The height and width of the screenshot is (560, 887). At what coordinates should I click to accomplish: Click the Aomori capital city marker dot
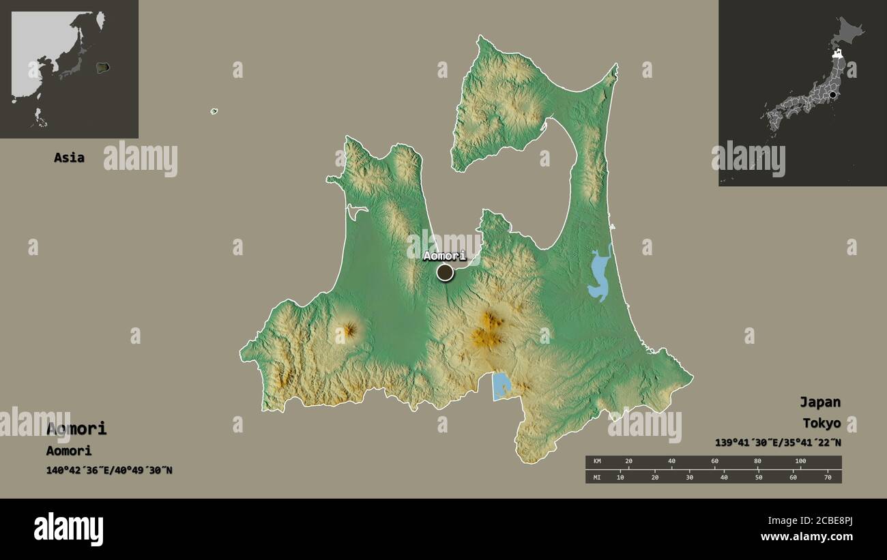[445, 273]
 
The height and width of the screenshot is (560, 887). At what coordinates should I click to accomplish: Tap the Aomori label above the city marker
[444, 256]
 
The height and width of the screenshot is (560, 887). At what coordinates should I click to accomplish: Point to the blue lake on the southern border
[501, 385]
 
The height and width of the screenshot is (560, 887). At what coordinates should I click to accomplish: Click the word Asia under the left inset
[69, 158]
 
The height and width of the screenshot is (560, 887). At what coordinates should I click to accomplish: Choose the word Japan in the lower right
[820, 402]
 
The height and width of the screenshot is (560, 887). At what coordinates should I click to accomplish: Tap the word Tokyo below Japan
[821, 423]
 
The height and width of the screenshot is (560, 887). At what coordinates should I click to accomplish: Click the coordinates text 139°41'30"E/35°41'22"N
[778, 442]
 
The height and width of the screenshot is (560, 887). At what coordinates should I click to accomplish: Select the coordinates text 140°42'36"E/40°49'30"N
[109, 470]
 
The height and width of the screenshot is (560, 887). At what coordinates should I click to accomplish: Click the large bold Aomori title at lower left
[76, 428]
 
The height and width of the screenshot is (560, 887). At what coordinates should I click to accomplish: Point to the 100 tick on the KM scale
[800, 462]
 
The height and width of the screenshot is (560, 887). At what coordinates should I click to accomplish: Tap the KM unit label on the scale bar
[597, 462]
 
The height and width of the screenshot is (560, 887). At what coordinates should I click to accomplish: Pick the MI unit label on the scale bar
[597, 477]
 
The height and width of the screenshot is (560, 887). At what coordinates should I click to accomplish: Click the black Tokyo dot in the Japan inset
[833, 96]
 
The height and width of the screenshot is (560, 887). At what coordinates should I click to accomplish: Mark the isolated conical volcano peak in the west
[349, 331]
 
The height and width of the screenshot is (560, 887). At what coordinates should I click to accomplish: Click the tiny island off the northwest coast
[214, 111]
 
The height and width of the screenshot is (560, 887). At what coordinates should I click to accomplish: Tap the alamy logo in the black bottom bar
[68, 529]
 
